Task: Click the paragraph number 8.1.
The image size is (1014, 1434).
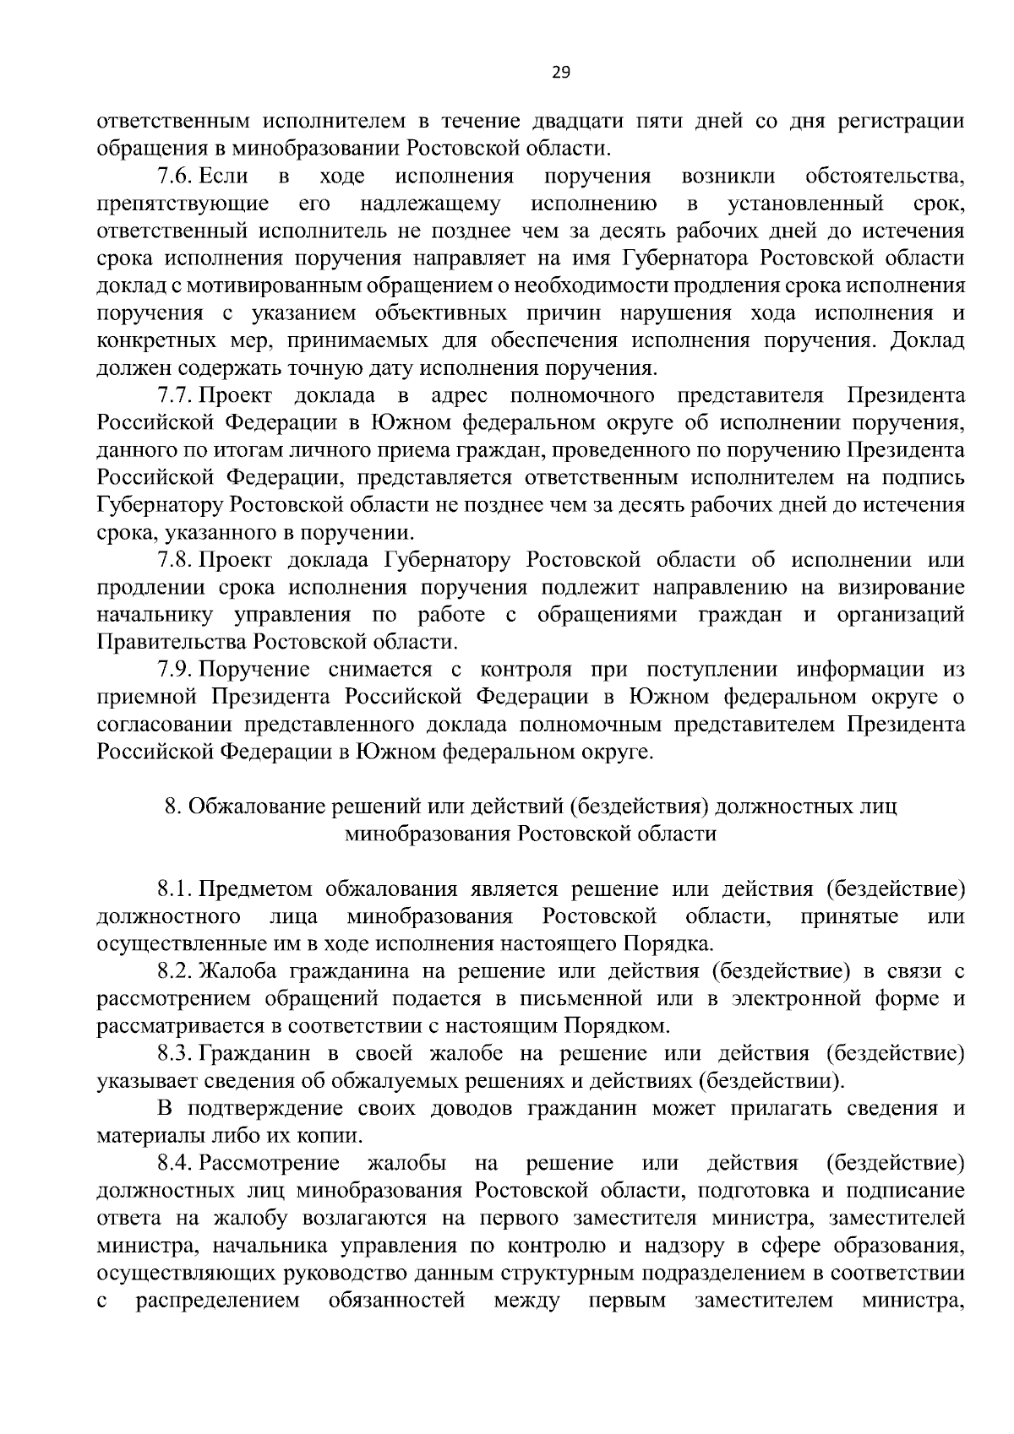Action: pos(175,889)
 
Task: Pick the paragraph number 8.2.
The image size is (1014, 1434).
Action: pos(175,972)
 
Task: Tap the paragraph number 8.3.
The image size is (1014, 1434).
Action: pos(175,1054)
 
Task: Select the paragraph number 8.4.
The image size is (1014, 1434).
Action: pos(175,1164)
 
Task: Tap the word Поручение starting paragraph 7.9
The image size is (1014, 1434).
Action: pos(254,670)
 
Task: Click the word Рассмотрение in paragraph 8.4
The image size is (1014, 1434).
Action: pos(270,1164)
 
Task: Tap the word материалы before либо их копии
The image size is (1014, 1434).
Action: pos(143,1137)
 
